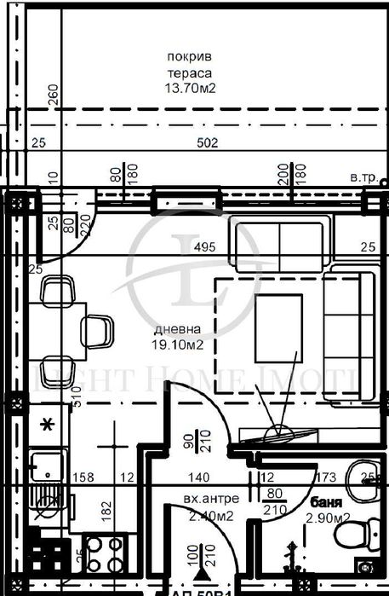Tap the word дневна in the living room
pos(178,330)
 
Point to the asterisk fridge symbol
pos(48,424)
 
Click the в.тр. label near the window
pos(364,177)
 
